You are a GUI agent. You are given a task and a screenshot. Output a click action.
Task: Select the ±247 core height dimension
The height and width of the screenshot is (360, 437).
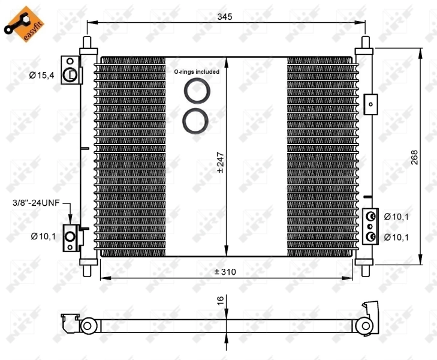(220, 162)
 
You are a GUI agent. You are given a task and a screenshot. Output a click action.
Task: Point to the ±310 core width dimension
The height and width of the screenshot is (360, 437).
(225, 272)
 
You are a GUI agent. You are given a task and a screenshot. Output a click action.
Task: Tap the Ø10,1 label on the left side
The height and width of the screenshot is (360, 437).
(43, 236)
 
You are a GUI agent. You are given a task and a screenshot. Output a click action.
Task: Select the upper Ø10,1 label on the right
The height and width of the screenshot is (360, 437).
(396, 216)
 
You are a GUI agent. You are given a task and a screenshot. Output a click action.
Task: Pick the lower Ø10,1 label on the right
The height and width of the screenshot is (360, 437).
(396, 237)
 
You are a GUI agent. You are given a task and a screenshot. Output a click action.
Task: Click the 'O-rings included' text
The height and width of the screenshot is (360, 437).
(197, 71)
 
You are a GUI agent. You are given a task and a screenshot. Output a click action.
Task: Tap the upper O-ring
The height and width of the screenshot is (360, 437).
(195, 92)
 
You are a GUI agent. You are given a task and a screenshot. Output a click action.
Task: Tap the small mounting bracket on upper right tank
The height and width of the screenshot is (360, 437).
(371, 103)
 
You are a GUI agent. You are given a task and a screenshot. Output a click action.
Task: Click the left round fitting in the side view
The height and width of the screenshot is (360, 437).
(87, 326)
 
